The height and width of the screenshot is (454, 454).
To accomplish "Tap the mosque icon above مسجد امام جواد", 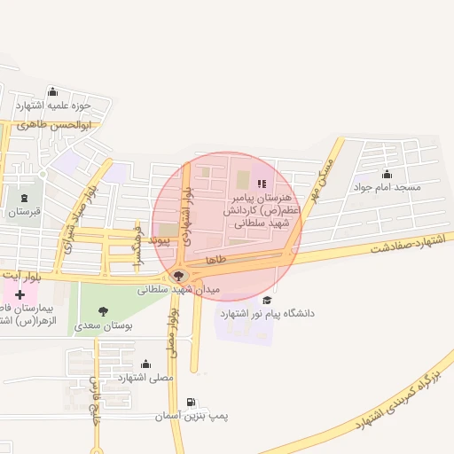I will pos(386,174).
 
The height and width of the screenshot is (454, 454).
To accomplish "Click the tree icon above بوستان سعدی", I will pos(103,311).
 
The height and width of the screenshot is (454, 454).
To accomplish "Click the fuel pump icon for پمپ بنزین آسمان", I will pos(192,402).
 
